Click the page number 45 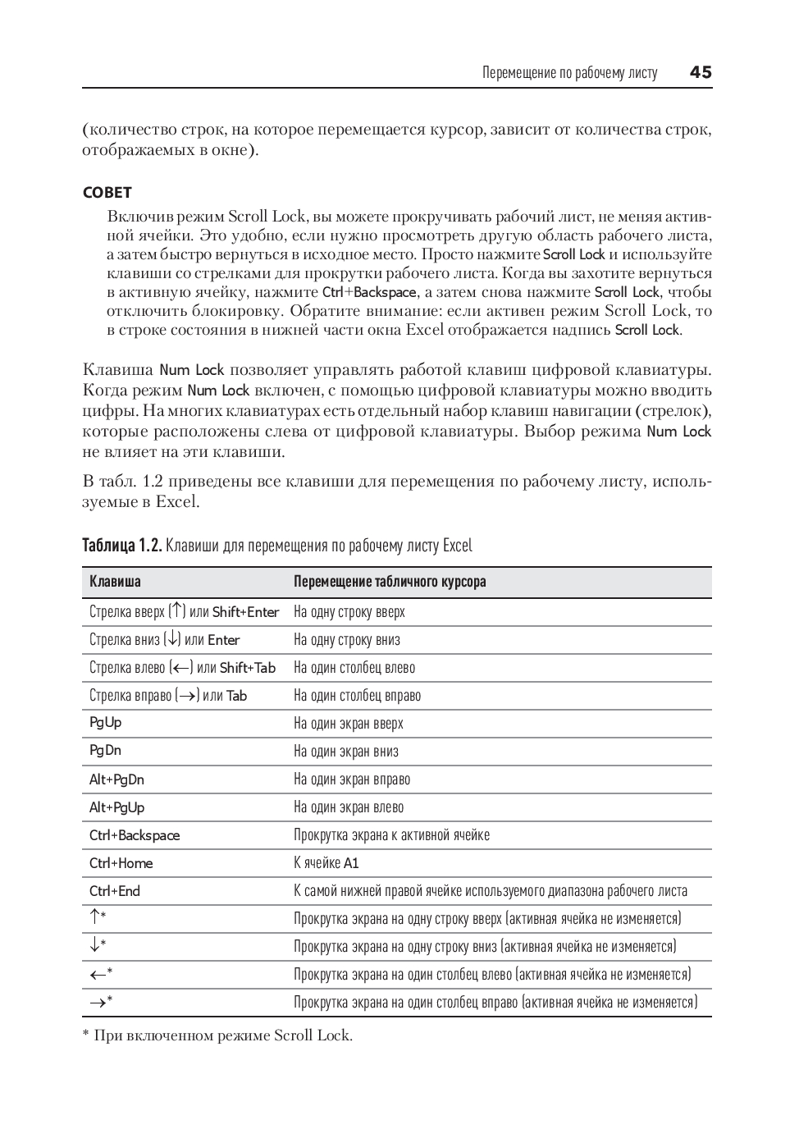click(x=700, y=72)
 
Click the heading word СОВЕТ click(x=107, y=193)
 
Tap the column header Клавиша click(x=115, y=582)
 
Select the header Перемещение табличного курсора click(x=390, y=582)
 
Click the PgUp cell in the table click(x=105, y=723)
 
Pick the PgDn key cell click(x=105, y=751)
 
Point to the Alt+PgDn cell click(x=116, y=779)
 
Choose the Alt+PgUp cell click(x=116, y=807)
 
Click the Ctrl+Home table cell click(x=121, y=863)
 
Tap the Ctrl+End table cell click(x=115, y=891)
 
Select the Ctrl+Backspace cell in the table click(x=135, y=835)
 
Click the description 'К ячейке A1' click(x=326, y=863)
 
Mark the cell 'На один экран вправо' click(x=352, y=779)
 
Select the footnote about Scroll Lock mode click(x=217, y=1035)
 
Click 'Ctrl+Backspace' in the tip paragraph click(x=369, y=292)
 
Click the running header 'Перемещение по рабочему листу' click(x=569, y=73)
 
